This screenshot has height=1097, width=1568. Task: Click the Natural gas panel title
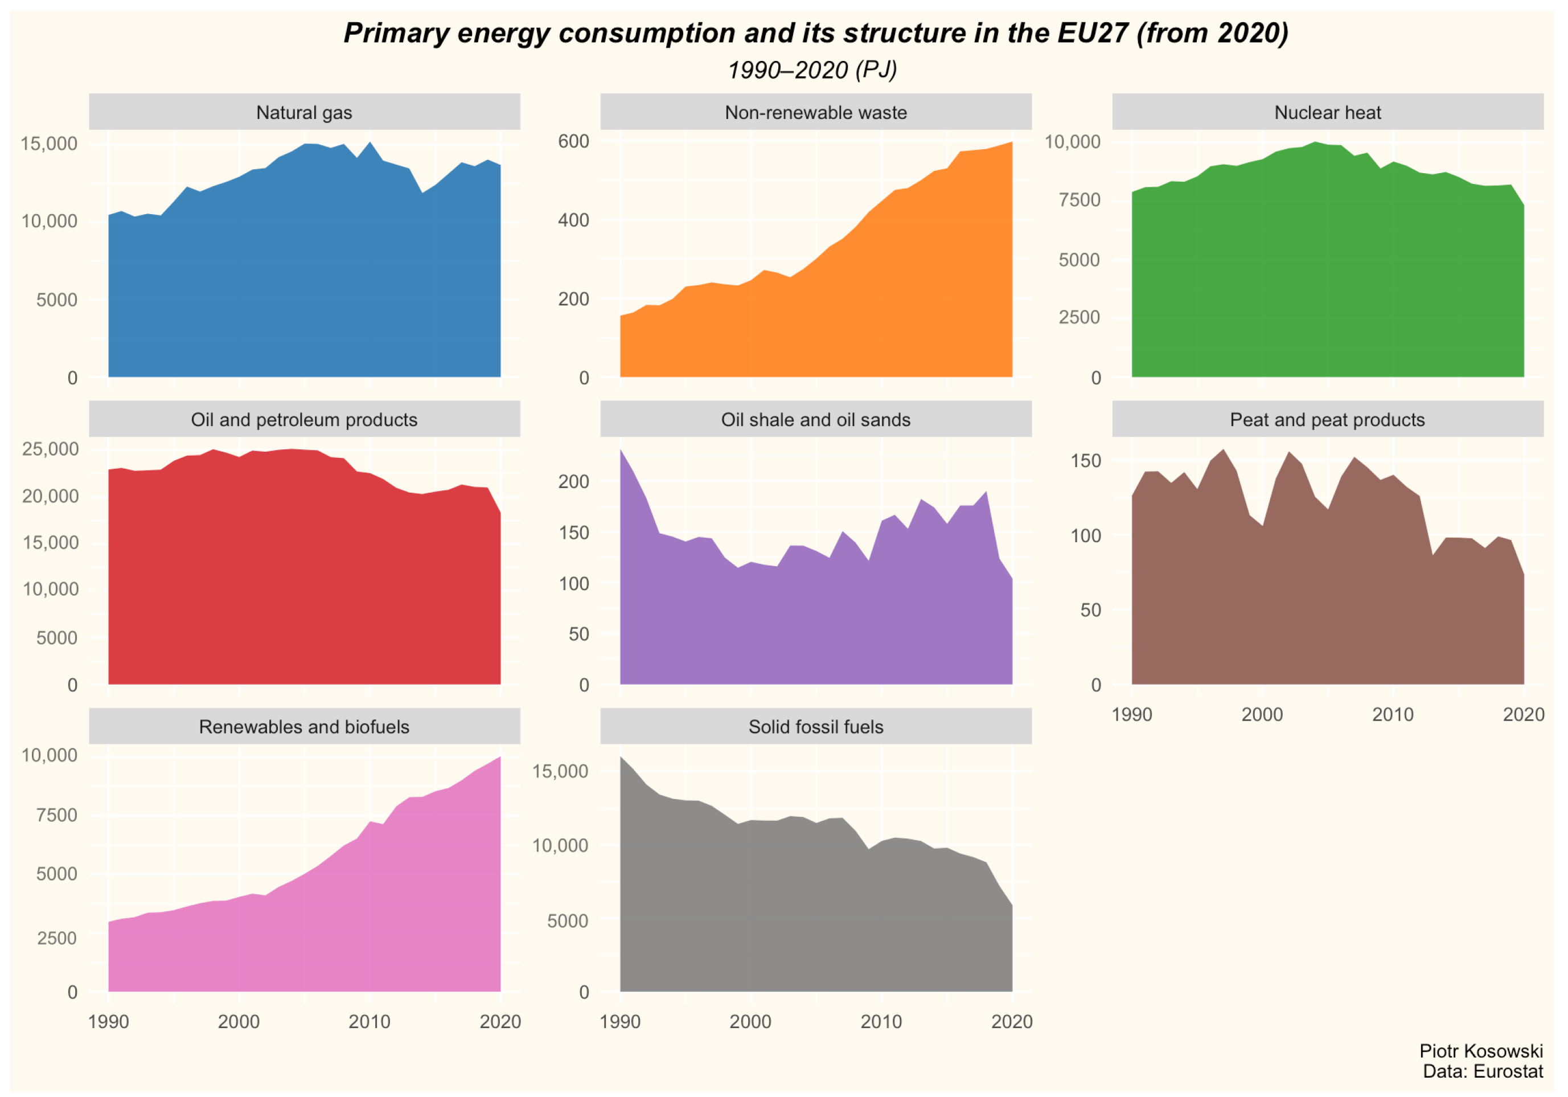[x=304, y=113]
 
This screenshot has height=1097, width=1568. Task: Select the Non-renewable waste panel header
[x=815, y=113]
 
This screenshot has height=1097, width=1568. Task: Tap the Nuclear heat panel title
[x=1327, y=113]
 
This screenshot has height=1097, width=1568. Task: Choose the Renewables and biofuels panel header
[x=304, y=726]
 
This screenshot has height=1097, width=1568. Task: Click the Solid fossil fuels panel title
[x=815, y=726]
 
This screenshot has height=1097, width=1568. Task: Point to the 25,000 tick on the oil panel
[x=50, y=449]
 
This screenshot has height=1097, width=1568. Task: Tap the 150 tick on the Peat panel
[x=1085, y=460]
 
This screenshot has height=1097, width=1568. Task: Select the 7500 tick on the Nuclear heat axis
[x=1079, y=200]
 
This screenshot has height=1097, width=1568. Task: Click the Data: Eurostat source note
[x=1482, y=1071]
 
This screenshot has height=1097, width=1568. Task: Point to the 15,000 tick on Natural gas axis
[x=48, y=144]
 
